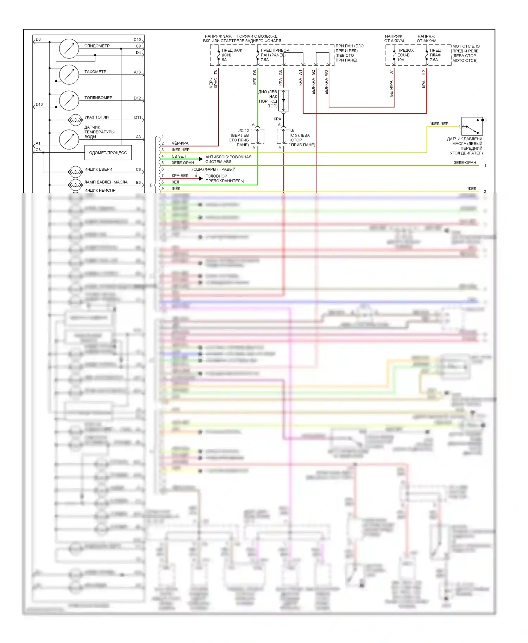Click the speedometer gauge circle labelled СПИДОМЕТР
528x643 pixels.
pyautogui.click(x=69, y=49)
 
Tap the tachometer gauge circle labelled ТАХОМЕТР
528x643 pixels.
pyautogui.click(x=69, y=74)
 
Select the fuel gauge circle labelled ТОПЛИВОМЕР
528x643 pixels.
pyautogui.click(x=69, y=100)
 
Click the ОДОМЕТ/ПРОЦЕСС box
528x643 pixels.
pyautogui.click(x=108, y=153)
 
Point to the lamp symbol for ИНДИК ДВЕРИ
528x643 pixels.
pyautogui.click(x=75, y=172)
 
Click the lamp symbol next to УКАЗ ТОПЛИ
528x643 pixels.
pyautogui.click(x=75, y=120)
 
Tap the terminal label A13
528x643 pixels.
pyautogui.click(x=137, y=72)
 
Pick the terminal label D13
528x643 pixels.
pyautogui.click(x=39, y=104)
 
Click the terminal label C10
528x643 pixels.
pyautogui.click(x=137, y=40)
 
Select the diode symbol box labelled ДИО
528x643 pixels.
pyautogui.click(x=284, y=101)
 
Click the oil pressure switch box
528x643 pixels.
pyautogui.click(x=472, y=126)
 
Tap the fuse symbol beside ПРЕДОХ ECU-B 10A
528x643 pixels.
pyautogui.click(x=394, y=56)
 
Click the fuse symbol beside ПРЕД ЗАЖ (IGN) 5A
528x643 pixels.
pyautogui.click(x=219, y=56)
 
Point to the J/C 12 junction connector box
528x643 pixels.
pyautogui.click(x=258, y=136)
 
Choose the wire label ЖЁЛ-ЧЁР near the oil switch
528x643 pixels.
pyautogui.click(x=439, y=124)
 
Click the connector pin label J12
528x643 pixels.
pyautogui.click(x=424, y=73)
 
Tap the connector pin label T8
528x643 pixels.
pyautogui.click(x=216, y=72)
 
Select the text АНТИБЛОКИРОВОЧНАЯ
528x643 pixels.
pyautogui.click(x=228, y=157)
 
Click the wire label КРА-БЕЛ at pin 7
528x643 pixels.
pyautogui.click(x=180, y=176)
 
